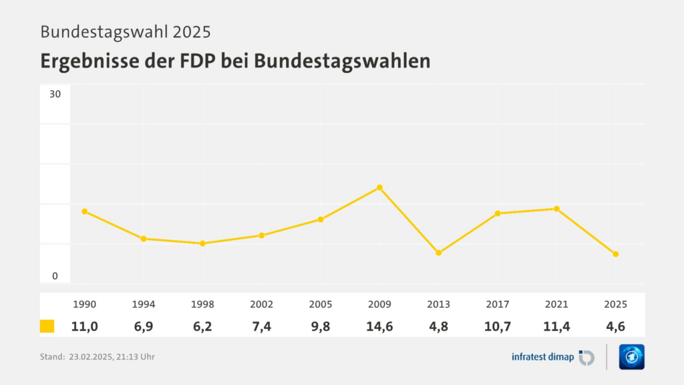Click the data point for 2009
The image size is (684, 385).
pos(379,187)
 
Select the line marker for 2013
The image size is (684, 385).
pos(438,253)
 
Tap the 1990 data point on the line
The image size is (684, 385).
pos(85,211)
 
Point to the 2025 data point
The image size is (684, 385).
pos(615,254)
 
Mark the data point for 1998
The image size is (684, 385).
pos(202,243)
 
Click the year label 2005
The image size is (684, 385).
pos(321,304)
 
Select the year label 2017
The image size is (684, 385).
pos(497,304)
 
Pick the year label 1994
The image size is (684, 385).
pos(144,304)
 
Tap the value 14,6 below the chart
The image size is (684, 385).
pos(379,326)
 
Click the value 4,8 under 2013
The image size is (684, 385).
pos(438,326)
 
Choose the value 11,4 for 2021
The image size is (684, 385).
pos(556,326)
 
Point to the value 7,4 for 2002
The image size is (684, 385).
pos(262,326)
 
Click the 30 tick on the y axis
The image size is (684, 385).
pos(55,94)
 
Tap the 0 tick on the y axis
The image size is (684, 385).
pos(55,276)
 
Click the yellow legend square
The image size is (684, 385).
pos(47,326)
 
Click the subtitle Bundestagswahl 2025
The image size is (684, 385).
pos(126,31)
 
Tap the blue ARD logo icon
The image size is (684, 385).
pos(631,357)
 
